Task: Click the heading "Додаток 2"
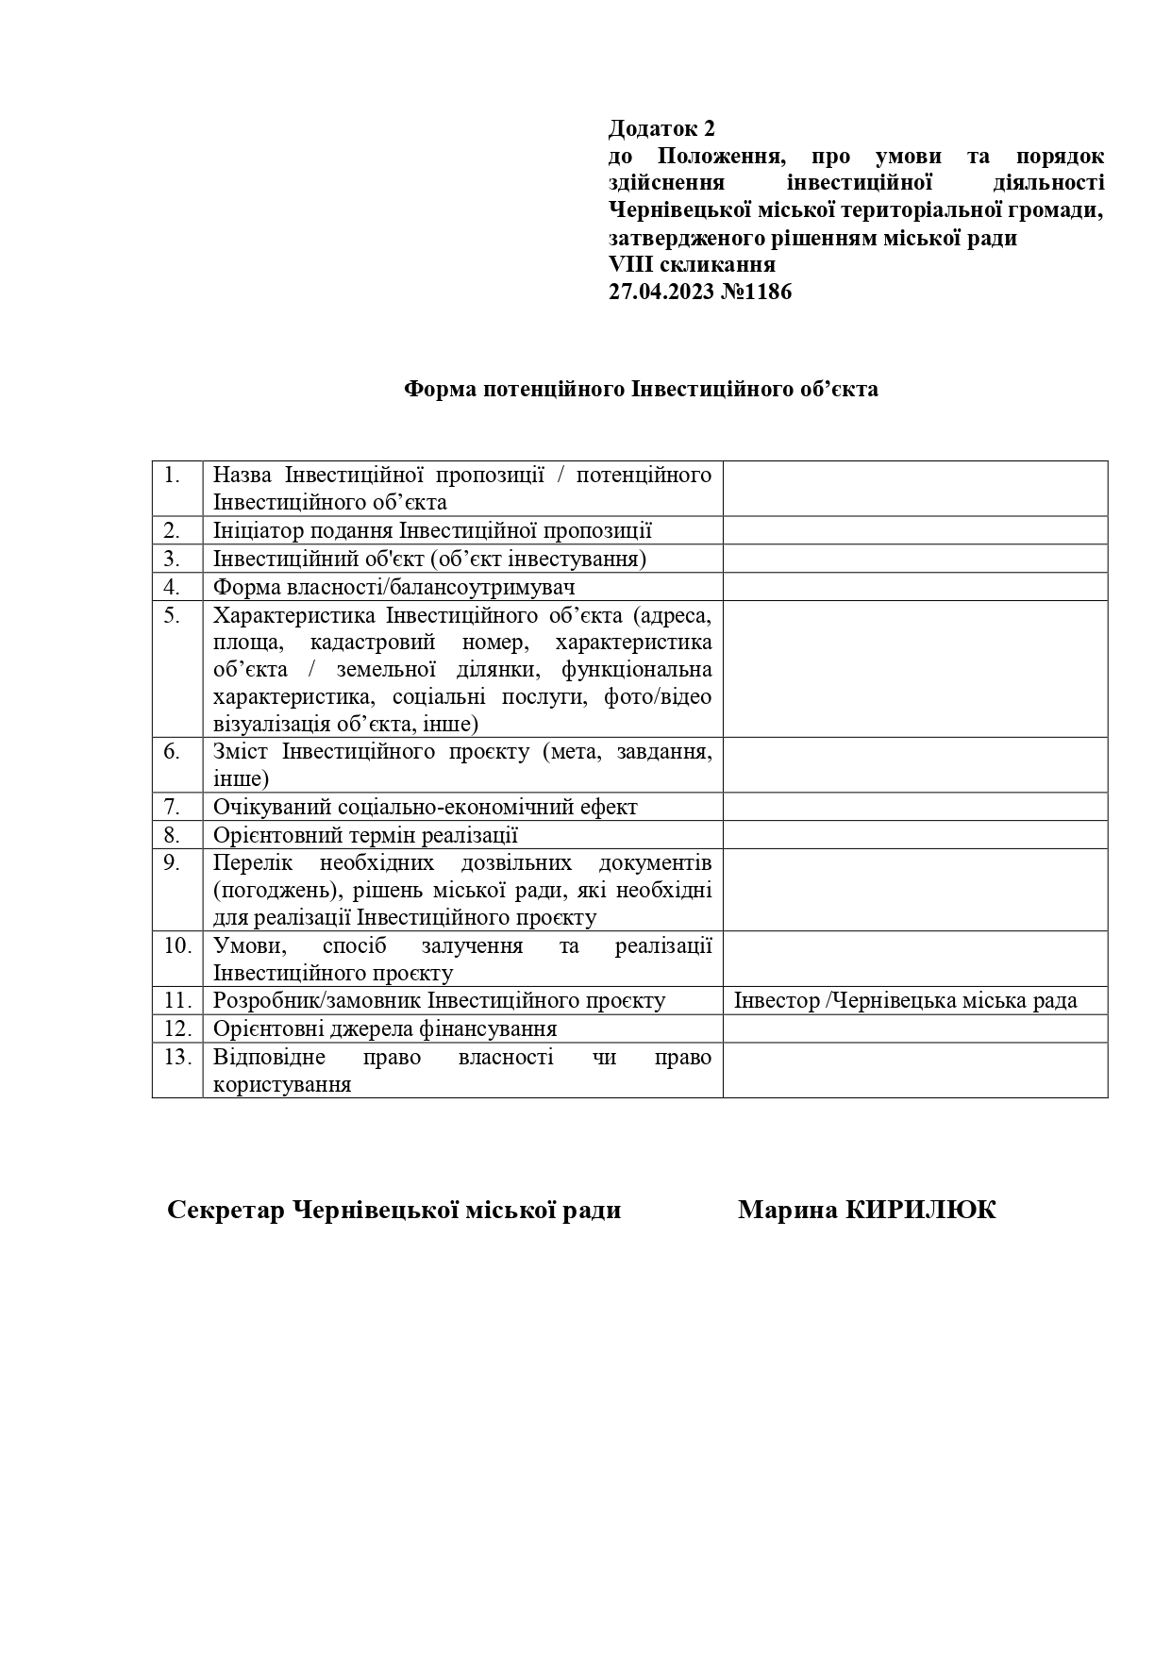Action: point(662,128)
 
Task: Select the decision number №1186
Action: point(756,292)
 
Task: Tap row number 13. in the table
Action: point(177,1056)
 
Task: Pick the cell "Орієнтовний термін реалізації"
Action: point(365,835)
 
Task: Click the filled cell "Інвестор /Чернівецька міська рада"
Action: point(905,1000)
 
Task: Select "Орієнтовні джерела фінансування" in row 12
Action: point(385,1028)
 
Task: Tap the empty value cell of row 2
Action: point(914,530)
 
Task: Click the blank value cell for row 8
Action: point(914,835)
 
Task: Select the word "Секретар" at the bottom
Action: point(226,1210)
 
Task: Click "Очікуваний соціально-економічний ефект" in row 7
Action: point(425,807)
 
